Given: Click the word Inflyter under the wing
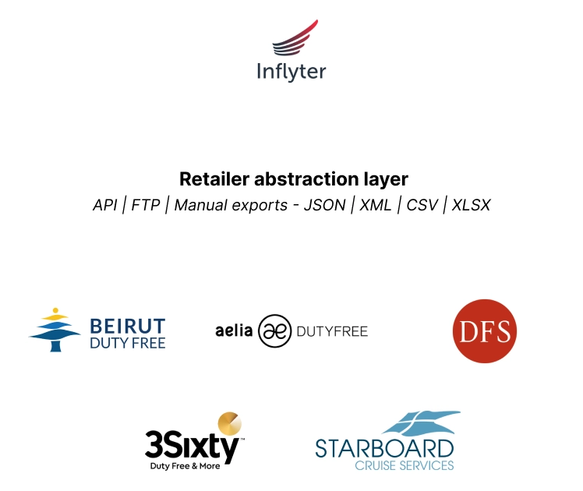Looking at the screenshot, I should (291, 72).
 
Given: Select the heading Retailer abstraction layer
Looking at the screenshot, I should (294, 178).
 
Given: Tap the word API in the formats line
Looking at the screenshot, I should (104, 205).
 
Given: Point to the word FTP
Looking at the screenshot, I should (145, 205).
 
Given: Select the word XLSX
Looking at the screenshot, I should (471, 205).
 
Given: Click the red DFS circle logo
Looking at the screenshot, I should (484, 332).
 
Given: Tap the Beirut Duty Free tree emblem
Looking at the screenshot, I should (55, 331).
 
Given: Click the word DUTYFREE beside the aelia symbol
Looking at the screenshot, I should (332, 331).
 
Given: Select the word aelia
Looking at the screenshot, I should (234, 330).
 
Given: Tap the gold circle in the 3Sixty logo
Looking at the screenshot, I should (229, 424).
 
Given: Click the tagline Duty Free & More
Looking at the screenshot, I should (185, 466).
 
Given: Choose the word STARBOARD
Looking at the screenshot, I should (384, 448).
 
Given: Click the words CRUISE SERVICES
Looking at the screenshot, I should (404, 465).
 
